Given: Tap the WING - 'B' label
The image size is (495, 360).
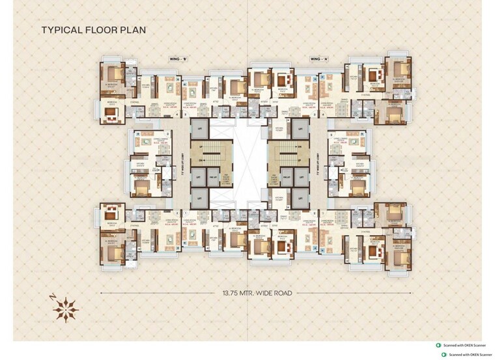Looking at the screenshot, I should [178, 59].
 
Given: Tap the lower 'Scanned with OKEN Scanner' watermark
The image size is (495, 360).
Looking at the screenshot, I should [468, 355].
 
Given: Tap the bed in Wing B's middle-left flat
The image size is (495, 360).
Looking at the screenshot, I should [140, 187].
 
